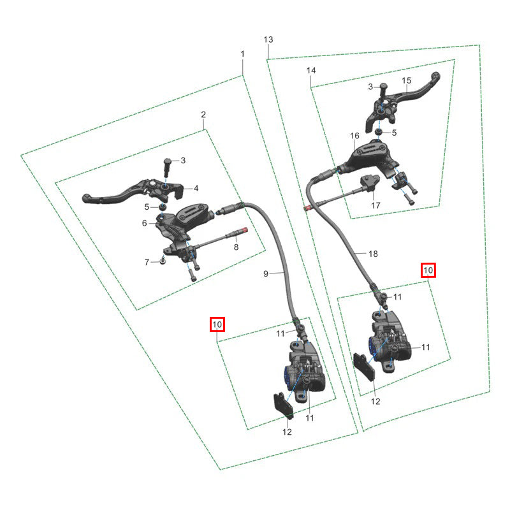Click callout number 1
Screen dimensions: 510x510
(x=242, y=54)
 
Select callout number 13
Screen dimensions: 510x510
(x=268, y=40)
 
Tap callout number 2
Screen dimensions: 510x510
(x=203, y=115)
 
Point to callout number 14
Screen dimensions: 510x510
(x=311, y=70)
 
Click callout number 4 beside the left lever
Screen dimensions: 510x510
(x=196, y=188)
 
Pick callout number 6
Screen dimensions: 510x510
(x=145, y=223)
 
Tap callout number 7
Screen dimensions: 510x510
(x=147, y=262)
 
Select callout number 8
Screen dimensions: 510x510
(x=236, y=247)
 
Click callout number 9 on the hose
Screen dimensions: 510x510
(x=266, y=274)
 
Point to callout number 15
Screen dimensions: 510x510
(x=407, y=80)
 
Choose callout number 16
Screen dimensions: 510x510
(x=354, y=136)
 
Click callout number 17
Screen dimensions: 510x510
(x=375, y=205)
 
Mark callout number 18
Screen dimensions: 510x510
(x=373, y=254)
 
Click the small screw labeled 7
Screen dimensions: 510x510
(x=163, y=260)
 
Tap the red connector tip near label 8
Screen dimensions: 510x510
(x=246, y=230)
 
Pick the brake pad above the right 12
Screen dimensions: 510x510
(x=364, y=367)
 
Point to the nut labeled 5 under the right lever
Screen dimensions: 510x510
(x=378, y=131)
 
